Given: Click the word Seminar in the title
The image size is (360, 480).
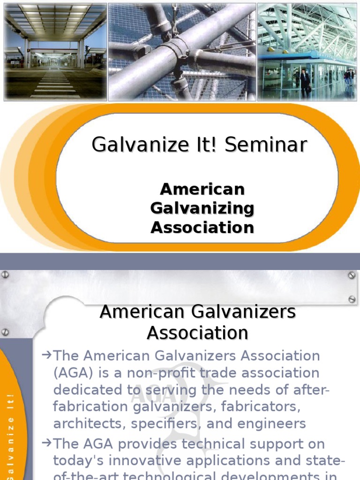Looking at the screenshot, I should (x=266, y=145).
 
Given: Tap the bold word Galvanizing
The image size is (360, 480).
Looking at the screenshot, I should (x=202, y=209).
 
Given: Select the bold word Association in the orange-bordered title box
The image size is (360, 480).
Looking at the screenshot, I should (x=202, y=228).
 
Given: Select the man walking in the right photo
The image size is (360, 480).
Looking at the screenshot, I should (x=305, y=83).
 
